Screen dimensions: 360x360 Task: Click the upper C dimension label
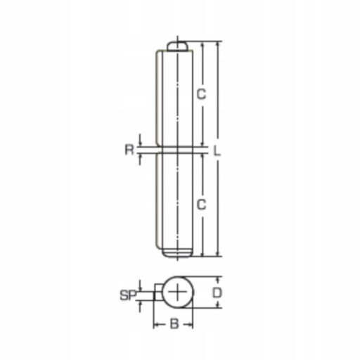click(x=201, y=94)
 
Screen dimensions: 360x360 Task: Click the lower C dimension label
click(x=201, y=204)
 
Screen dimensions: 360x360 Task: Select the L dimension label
click(x=217, y=150)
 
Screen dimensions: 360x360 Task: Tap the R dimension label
click(x=129, y=150)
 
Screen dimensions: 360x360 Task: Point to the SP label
click(x=128, y=295)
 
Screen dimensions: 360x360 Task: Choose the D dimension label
click(x=217, y=292)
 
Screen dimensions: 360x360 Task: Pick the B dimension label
click(x=174, y=324)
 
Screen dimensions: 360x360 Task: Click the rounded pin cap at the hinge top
click(x=177, y=46)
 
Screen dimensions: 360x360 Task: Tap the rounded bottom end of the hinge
click(x=177, y=253)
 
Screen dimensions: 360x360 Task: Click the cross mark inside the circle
click(x=178, y=292)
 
